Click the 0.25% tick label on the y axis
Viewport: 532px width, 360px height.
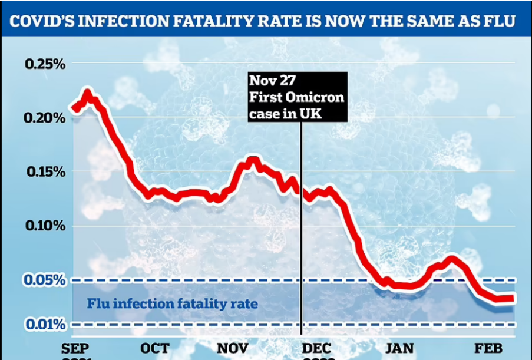44,64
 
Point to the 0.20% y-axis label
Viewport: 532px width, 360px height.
44,118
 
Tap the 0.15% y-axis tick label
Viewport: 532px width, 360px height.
44,172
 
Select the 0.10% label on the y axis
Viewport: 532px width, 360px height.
44,226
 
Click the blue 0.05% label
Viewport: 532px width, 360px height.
44,280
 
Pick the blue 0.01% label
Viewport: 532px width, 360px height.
44,324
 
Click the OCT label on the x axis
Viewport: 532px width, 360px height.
155,348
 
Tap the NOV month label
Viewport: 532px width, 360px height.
232,348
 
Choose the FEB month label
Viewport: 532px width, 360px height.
488,348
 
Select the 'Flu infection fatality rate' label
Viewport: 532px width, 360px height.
173,304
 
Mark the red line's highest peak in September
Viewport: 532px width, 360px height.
87,94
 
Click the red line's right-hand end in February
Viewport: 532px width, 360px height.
513,298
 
